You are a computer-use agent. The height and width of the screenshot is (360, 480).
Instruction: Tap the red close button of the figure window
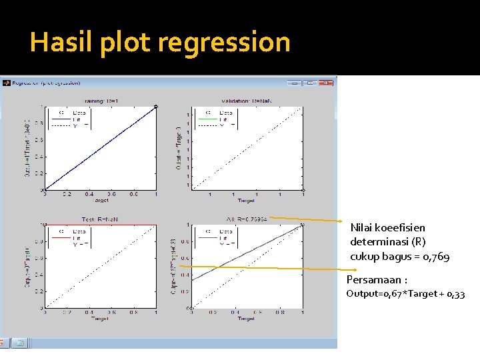pyautogui.click(x=325, y=83)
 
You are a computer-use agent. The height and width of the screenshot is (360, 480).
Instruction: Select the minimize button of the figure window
pyautogui.click(x=293, y=83)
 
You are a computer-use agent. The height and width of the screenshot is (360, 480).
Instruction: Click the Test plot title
pyautogui.click(x=99, y=218)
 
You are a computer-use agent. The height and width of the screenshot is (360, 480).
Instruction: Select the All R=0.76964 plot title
pyautogui.click(x=247, y=218)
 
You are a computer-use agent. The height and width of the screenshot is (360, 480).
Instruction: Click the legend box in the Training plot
pyautogui.click(x=71, y=119)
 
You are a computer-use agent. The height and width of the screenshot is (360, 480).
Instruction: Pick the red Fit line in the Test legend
pyautogui.click(x=61, y=237)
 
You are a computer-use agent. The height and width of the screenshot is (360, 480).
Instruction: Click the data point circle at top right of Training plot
pyautogui.click(x=156, y=106)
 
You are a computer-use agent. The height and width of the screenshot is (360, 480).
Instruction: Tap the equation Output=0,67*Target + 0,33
pyautogui.click(x=405, y=294)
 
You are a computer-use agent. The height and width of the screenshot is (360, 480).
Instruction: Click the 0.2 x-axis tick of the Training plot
pyautogui.click(x=67, y=194)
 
